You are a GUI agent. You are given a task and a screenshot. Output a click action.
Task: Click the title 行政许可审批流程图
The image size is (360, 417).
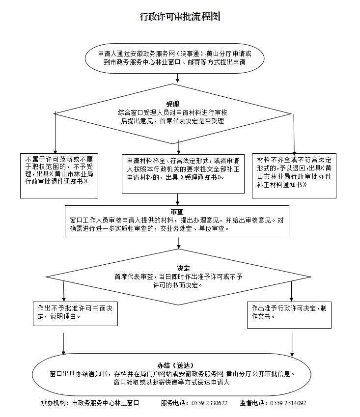pyautogui.click(x=180, y=17)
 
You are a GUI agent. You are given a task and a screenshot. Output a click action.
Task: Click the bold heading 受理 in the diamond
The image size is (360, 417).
pyautogui.click(x=172, y=104)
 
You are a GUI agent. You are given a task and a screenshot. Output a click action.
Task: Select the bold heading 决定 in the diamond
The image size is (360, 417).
pyautogui.click(x=184, y=269)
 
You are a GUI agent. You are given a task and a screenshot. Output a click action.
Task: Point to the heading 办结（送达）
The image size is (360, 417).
pyautogui.click(x=176, y=365)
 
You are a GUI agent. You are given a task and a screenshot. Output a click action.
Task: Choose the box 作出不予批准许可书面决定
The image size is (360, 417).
pyautogui.click(x=75, y=313)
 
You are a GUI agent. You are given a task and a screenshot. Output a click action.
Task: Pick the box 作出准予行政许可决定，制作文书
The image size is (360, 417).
pyautogui.click(x=289, y=313)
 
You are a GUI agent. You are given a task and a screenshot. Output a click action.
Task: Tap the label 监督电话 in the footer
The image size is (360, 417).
pyautogui.click(x=254, y=403)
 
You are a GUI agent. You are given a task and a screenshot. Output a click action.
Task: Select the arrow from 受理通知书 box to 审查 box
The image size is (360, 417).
pyautogui.click(x=178, y=199)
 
